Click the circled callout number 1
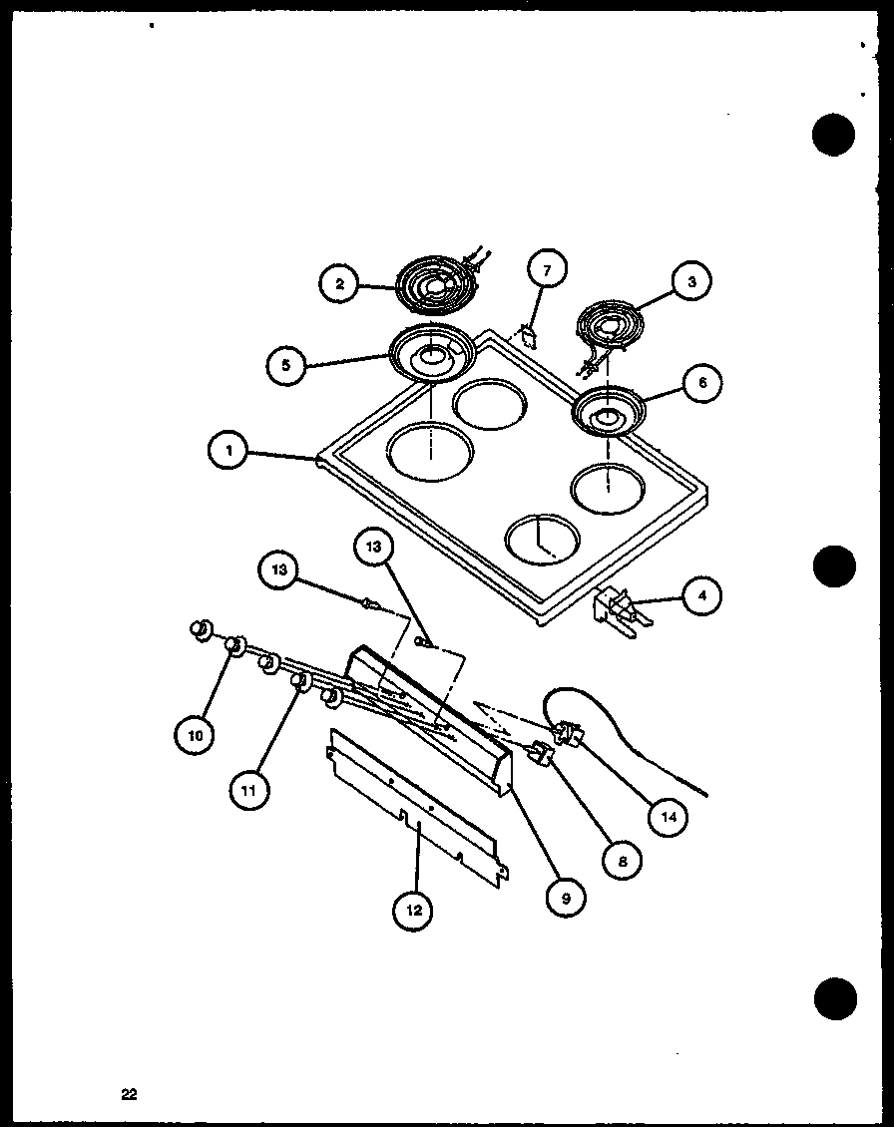click(x=228, y=452)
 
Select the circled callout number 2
click(x=339, y=284)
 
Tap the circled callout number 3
click(x=690, y=282)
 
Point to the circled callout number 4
click(x=702, y=597)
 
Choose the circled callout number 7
click(x=546, y=269)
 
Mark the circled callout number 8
click(x=622, y=861)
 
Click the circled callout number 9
click(x=565, y=898)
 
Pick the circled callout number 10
click(x=195, y=735)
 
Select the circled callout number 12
click(x=413, y=909)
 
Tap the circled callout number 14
click(x=668, y=817)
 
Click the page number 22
click(x=129, y=1094)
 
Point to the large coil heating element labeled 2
click(x=435, y=286)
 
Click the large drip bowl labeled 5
click(x=431, y=352)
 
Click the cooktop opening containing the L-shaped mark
click(x=541, y=541)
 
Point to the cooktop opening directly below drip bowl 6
click(x=608, y=489)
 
